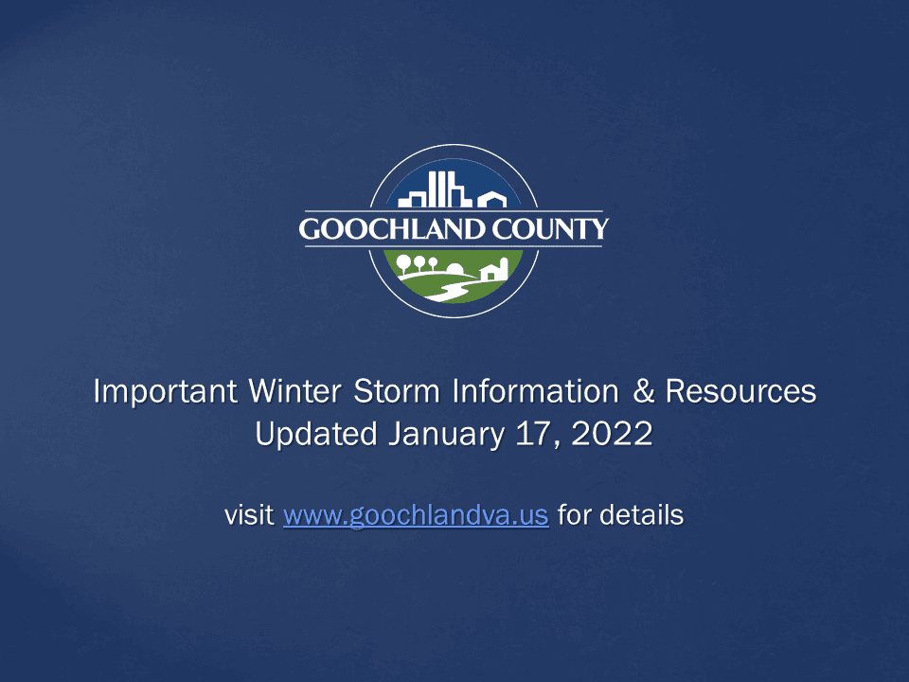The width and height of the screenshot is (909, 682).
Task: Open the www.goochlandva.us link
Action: (416, 516)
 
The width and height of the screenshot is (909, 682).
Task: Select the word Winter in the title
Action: (292, 392)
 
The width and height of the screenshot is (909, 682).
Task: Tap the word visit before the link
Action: (250, 516)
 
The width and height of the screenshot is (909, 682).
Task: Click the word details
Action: (642, 516)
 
